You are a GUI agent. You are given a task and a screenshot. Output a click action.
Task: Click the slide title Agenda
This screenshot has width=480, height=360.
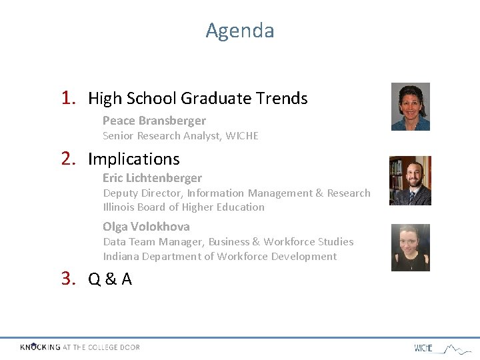click(239, 31)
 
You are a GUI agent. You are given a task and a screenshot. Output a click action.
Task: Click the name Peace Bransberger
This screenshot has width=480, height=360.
click(154, 121)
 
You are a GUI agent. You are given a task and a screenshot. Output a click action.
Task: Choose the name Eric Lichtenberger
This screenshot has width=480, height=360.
click(152, 178)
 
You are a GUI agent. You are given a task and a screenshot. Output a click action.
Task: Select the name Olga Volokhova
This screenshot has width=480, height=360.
click(146, 227)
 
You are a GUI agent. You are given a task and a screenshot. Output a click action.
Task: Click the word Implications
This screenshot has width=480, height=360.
click(133, 159)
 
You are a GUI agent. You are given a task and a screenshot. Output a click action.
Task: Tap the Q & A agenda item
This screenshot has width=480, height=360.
click(110, 279)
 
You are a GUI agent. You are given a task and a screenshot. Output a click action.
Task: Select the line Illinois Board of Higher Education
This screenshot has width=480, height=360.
click(183, 207)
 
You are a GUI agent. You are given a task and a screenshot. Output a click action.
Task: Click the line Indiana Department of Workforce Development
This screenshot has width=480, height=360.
click(219, 257)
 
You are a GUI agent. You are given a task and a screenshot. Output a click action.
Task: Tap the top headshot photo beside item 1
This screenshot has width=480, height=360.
click(410, 107)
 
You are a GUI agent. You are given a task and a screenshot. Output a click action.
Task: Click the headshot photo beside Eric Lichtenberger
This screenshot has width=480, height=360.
click(410, 181)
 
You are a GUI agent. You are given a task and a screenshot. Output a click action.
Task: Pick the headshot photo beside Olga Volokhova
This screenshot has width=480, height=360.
click(410, 247)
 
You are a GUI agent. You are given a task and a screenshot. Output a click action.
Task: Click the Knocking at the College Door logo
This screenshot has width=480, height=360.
click(79, 347)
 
